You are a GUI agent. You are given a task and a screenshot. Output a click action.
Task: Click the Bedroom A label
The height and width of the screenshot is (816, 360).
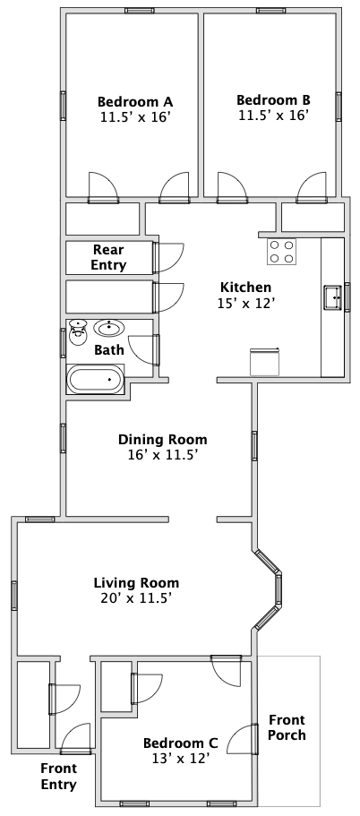135,100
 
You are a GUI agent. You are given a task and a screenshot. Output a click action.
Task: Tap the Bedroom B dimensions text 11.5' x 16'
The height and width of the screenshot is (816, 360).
274,115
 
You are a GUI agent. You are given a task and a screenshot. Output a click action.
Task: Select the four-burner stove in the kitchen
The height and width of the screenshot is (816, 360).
281,252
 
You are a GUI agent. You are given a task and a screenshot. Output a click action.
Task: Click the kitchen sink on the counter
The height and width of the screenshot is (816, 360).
333,297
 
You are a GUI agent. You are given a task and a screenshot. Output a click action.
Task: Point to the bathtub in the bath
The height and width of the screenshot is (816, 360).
96,379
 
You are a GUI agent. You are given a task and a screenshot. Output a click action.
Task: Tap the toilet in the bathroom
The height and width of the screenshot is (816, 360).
78,332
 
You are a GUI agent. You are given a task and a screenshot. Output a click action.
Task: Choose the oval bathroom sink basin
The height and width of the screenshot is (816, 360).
110,328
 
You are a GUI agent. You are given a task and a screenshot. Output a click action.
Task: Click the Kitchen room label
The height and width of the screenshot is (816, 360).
245,287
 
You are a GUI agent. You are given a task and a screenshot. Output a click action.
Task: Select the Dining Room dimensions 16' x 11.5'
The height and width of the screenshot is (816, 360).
162,455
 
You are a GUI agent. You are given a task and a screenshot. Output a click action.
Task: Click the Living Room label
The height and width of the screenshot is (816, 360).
136,582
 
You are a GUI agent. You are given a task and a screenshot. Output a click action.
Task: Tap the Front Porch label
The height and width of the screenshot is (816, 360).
287,727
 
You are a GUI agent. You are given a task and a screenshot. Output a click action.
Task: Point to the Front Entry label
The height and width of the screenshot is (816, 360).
59,776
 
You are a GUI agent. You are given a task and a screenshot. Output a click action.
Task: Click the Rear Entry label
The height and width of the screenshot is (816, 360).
108,257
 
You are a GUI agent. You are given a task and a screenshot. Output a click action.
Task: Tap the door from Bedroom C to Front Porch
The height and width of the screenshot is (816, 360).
255,739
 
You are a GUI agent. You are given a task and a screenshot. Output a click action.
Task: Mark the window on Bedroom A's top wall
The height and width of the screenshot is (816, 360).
140,11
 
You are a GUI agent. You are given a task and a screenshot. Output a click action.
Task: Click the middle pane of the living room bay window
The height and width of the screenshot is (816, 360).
279,590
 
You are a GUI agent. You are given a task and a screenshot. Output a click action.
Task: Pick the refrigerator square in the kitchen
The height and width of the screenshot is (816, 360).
265,362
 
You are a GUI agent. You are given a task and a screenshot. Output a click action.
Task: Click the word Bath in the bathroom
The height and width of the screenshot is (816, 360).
109,349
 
